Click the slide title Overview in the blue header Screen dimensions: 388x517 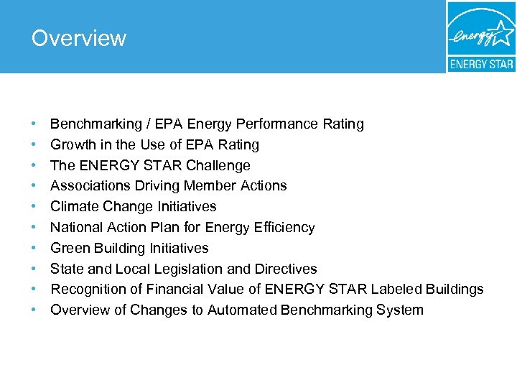point(79,38)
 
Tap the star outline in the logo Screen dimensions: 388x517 point(501,32)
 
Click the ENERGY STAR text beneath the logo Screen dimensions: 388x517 point(481,64)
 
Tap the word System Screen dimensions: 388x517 point(400,310)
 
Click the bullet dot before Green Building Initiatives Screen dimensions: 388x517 point(34,249)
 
